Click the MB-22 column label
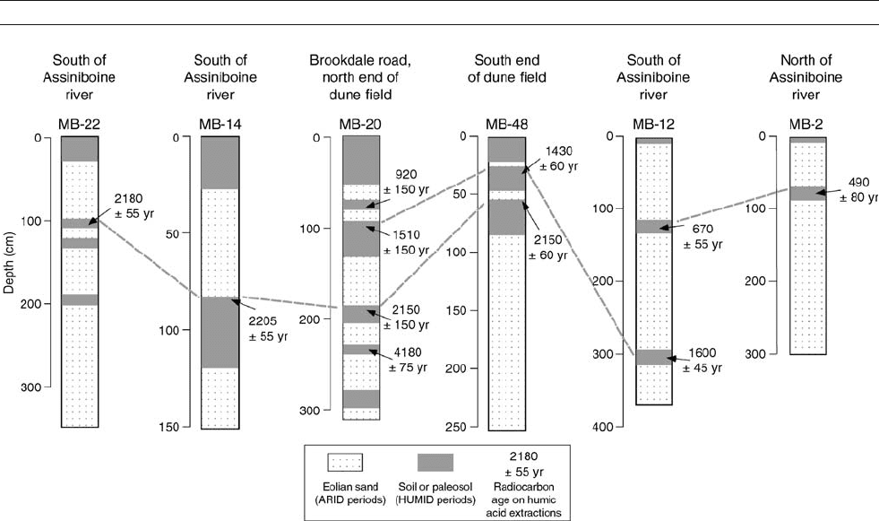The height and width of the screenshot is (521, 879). point(79,125)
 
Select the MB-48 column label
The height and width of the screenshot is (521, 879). point(507,125)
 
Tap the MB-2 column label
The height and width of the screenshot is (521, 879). point(806,125)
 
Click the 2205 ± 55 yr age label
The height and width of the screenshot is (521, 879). point(268,328)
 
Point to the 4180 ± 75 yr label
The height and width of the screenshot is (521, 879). point(408,360)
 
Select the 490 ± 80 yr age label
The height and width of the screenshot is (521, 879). point(858,189)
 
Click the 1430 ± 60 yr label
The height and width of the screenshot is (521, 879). point(558,159)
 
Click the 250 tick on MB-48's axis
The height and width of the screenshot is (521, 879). point(455,428)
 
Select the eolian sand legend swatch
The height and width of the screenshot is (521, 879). point(345,464)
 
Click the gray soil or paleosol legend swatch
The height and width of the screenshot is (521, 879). point(435,463)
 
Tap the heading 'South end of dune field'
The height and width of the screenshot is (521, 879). point(507,68)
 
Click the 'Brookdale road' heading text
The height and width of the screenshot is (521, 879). point(360,60)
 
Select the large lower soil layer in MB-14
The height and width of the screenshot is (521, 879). point(220,332)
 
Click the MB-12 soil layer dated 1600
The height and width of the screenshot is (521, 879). point(653,357)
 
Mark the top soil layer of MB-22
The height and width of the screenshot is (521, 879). point(80,149)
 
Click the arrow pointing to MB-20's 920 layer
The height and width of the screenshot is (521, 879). point(375,202)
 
